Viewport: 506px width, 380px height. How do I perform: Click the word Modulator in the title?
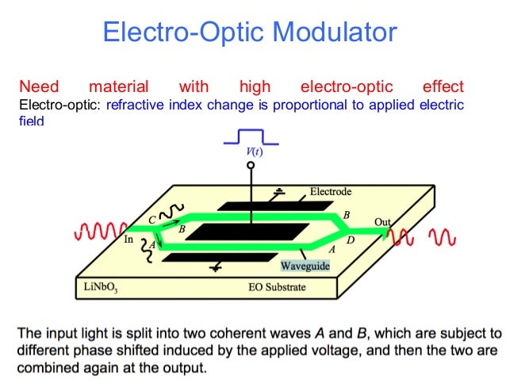pos(332,33)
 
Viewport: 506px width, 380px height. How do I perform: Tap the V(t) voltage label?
pos(251,152)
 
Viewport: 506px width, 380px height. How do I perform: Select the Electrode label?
pos(330,191)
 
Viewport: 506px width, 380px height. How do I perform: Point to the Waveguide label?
pos(305,267)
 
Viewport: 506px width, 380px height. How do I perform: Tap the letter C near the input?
pos(151,218)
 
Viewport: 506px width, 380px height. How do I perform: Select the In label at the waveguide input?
pos(128,237)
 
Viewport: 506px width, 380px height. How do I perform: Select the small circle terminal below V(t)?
pos(251,166)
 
